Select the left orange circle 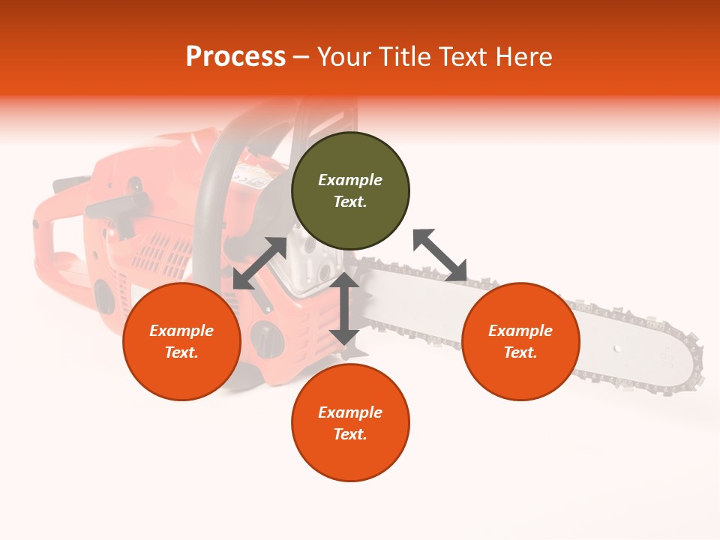click(x=181, y=341)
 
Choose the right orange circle click(x=520, y=341)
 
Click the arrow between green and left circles click(x=259, y=263)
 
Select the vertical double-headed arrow click(x=344, y=308)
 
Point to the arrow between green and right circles click(x=439, y=255)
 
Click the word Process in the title click(x=235, y=56)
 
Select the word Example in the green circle click(x=350, y=180)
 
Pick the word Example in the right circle click(x=520, y=331)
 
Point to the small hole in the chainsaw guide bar click(x=617, y=349)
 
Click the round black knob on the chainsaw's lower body click(x=265, y=339)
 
